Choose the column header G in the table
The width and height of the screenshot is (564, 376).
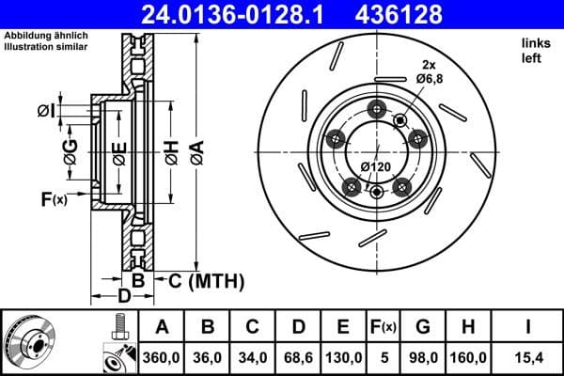(423, 327)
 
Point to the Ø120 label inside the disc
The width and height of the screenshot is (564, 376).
(377, 167)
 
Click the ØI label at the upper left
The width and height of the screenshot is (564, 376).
(46, 112)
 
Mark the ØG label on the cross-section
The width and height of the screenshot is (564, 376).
(70, 148)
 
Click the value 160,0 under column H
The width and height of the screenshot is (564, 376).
(467, 356)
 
